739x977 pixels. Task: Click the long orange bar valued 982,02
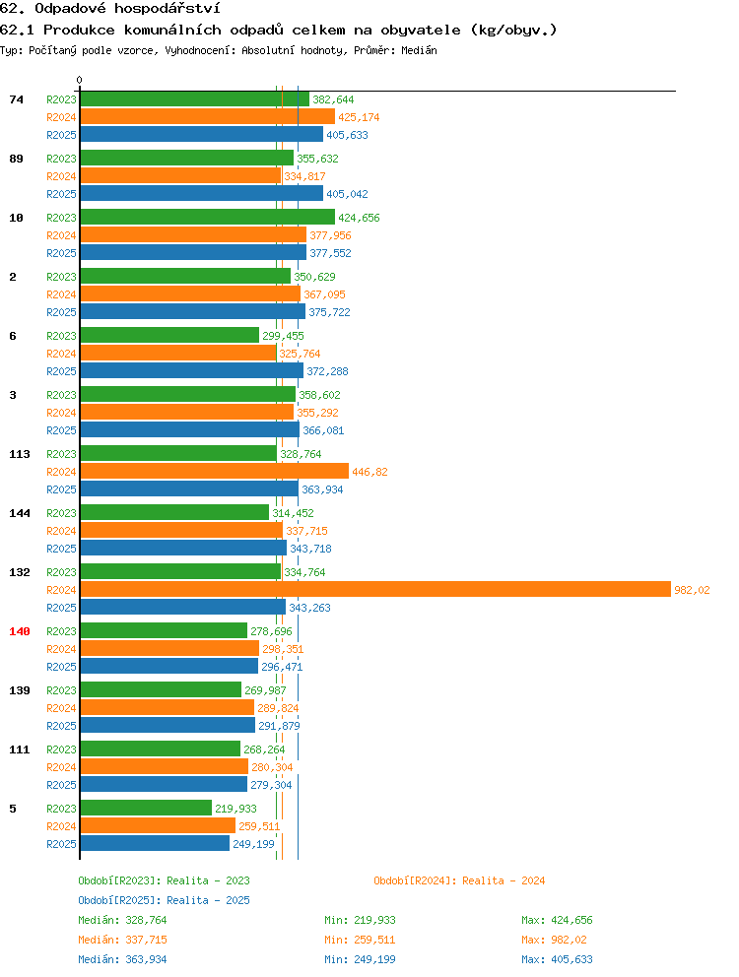(x=375, y=589)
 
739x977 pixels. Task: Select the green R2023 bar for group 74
(x=194, y=99)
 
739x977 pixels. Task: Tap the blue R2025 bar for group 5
(x=156, y=844)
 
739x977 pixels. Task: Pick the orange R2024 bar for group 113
(x=215, y=471)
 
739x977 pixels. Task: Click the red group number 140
(x=20, y=631)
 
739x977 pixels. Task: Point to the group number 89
(x=16, y=159)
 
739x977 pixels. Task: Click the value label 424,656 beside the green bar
(x=359, y=218)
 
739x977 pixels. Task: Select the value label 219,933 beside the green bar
(x=235, y=809)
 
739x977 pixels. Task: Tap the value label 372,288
(x=327, y=371)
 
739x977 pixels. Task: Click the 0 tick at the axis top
(x=79, y=80)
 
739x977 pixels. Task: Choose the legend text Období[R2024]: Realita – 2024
(x=459, y=880)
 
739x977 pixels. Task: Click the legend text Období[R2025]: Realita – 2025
(x=164, y=900)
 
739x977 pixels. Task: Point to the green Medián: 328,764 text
(x=122, y=920)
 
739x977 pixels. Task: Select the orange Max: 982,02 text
(x=554, y=940)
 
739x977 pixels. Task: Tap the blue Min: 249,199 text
(x=360, y=959)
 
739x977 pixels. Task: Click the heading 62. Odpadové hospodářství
(x=109, y=9)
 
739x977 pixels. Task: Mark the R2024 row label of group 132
(x=61, y=589)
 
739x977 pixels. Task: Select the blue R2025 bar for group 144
(x=183, y=549)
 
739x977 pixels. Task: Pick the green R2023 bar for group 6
(x=169, y=335)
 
